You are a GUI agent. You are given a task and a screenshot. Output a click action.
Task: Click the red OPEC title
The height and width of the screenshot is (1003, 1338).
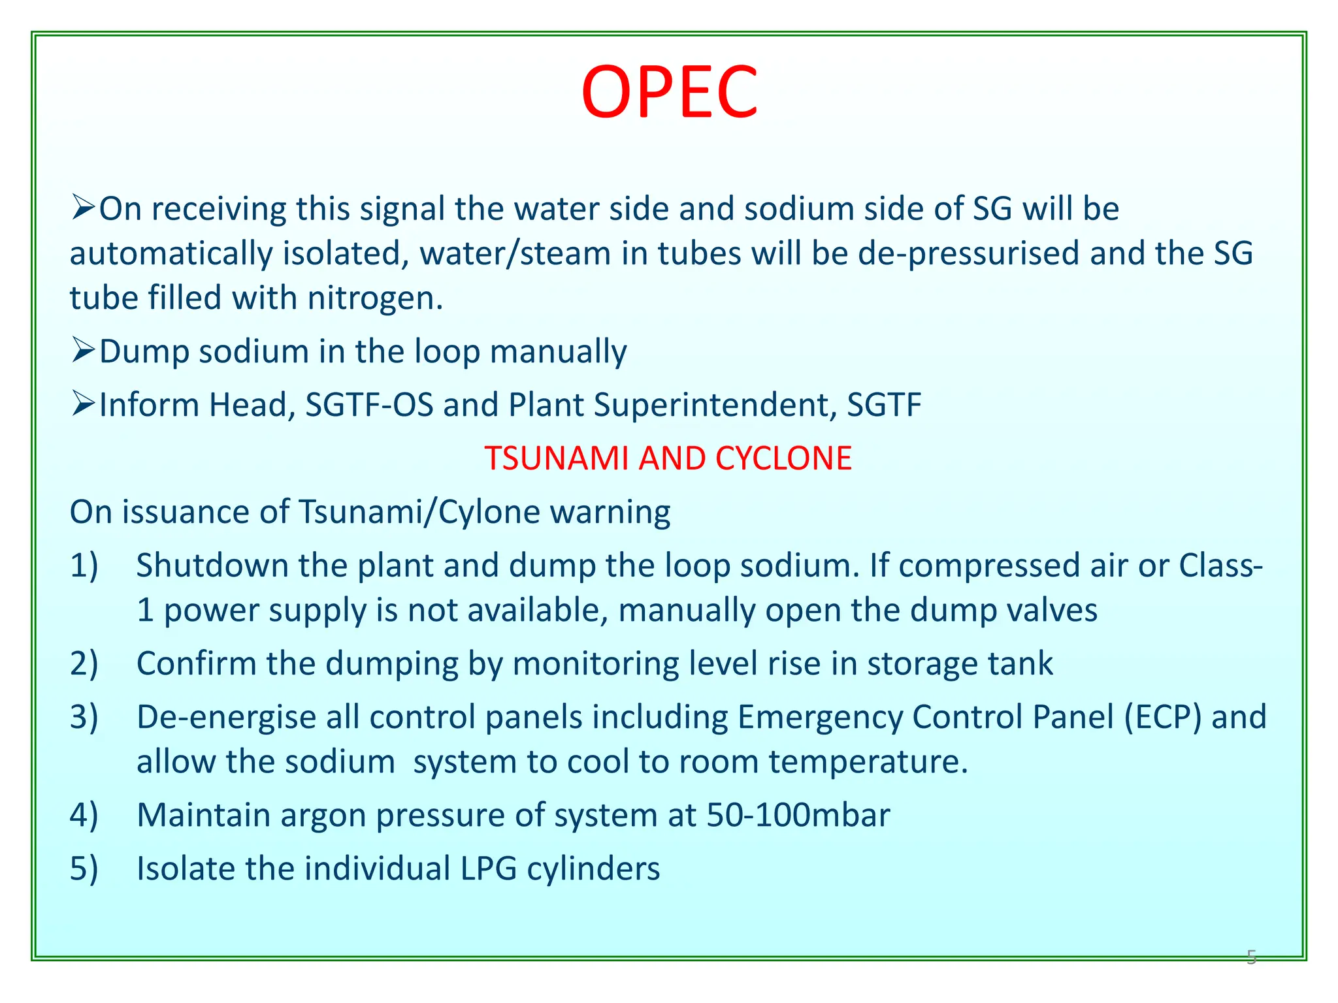point(669,93)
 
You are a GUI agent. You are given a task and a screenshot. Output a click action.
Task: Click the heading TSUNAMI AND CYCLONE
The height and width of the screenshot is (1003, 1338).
point(668,458)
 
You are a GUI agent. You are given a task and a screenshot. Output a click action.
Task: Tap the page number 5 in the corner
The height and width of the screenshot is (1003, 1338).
point(1251,957)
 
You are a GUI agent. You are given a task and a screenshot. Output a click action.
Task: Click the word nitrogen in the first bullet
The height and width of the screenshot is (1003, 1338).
point(375,298)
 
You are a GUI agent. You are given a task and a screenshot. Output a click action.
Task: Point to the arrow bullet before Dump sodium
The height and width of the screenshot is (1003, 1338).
point(84,351)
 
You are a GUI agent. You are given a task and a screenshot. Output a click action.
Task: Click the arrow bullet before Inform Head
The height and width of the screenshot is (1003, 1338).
point(84,404)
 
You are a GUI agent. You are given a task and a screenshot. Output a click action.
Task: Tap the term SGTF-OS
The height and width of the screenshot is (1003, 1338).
point(369,405)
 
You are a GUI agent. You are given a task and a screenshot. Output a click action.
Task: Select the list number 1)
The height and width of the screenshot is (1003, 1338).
point(84,565)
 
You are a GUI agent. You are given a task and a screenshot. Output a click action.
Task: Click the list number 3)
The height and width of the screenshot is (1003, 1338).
point(84,717)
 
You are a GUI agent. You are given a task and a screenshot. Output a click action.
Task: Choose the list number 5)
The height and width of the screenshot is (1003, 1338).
point(84,868)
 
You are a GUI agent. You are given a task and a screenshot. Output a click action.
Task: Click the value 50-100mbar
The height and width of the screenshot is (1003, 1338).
point(798,816)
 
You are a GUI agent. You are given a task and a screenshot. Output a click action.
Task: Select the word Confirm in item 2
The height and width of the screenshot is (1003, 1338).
point(196,663)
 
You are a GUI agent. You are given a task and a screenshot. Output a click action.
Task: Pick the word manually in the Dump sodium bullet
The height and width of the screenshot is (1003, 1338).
point(558,352)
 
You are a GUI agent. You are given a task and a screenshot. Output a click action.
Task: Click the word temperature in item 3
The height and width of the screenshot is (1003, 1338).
point(868,762)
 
